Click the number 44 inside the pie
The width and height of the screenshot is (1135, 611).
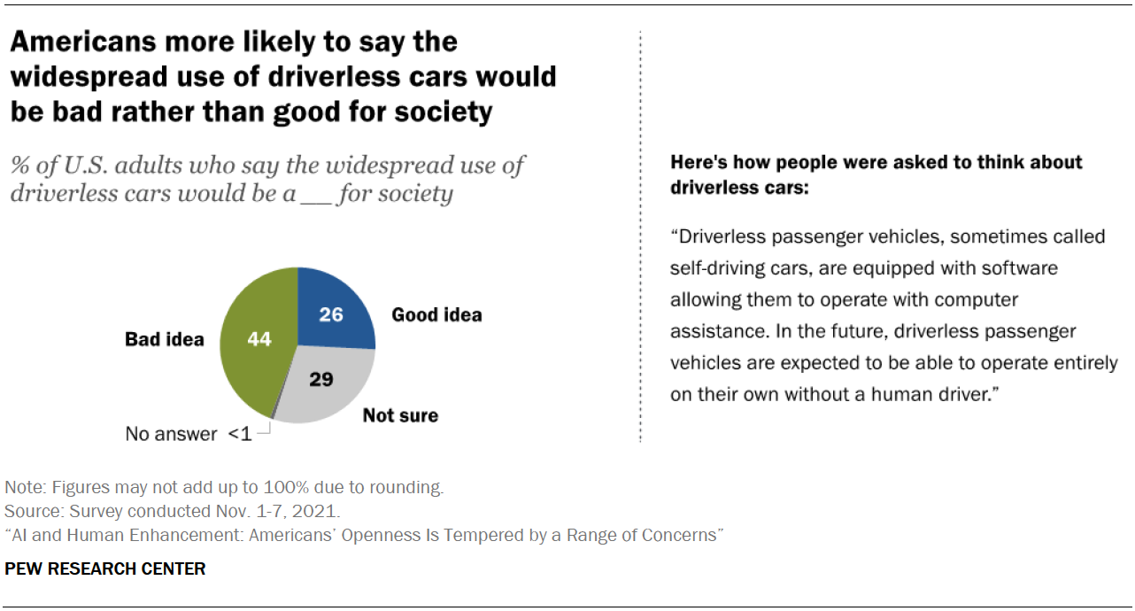(259, 339)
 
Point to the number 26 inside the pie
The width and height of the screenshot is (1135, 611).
(330, 314)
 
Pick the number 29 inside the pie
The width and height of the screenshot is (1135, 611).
(320, 379)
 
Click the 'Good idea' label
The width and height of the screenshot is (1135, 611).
(436, 315)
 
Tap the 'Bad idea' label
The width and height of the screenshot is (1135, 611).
(165, 339)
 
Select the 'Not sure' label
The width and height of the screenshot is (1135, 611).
(400, 415)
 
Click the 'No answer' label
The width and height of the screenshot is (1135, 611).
(171, 434)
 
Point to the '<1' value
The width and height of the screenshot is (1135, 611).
(240, 434)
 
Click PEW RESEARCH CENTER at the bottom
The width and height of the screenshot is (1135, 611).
(105, 569)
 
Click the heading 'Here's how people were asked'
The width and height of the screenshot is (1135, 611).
(876, 163)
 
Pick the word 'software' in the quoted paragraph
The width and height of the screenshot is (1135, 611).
(1008, 267)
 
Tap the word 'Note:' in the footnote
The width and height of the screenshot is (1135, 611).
(26, 487)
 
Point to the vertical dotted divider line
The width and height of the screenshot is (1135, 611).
(639, 266)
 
